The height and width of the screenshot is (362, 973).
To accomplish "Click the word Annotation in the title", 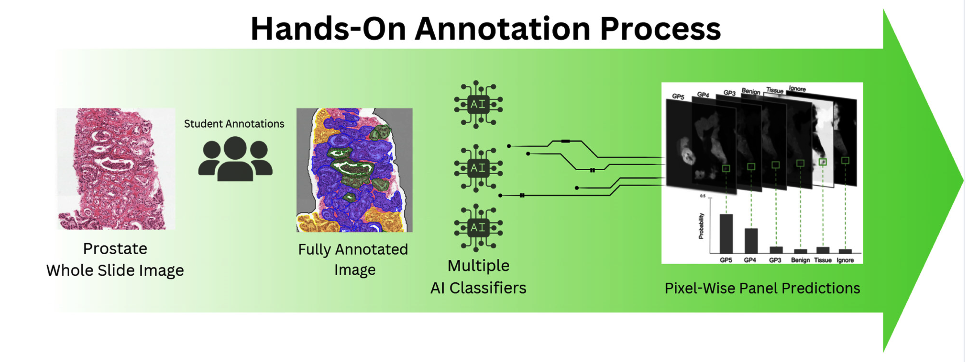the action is pos(503,29).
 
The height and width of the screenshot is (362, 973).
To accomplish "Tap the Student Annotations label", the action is pos(234,124).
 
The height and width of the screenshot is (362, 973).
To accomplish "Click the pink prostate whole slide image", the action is pos(116,169).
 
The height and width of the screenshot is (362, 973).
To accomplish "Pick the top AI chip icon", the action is pos(478,104).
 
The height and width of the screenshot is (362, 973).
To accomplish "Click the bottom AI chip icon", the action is pos(478,228).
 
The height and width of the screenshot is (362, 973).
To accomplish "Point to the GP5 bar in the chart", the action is pos(726,233).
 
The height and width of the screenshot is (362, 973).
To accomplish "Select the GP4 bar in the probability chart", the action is pos(751,241).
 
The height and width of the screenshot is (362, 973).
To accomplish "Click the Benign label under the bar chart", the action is pos(800,260).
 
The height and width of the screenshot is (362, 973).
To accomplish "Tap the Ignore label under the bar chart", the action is pos(845,260).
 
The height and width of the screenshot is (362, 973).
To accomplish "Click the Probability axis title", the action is pos(701,226).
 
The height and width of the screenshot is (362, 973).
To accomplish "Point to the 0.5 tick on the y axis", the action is pos(703,196).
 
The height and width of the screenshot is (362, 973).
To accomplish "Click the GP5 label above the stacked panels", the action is pos(678,96).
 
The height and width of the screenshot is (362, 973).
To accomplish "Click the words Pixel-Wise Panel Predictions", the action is pos(762,288).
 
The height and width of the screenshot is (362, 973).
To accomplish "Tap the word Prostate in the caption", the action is pos(115,249).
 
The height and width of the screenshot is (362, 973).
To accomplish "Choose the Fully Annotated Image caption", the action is pos(353,260).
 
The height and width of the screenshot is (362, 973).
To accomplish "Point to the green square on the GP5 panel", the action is pos(726,168).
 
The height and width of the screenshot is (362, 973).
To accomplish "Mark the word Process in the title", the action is pos(660,29).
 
